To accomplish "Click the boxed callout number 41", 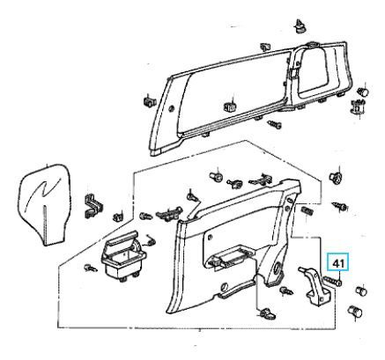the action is [x=338, y=263].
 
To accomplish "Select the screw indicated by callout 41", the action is [x=332, y=281].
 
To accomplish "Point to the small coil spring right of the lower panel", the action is [x=307, y=210].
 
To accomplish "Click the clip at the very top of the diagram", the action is [x=300, y=26].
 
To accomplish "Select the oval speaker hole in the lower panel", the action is [x=277, y=268].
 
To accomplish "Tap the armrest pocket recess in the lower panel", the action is [x=230, y=256].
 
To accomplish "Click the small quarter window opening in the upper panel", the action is [x=312, y=70].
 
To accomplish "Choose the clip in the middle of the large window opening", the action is [x=230, y=107].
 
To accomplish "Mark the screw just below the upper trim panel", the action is [x=275, y=124].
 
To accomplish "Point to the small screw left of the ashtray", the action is [x=91, y=268].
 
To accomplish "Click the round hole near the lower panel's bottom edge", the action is [x=224, y=286].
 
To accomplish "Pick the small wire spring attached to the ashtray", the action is [x=151, y=241].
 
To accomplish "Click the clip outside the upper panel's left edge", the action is [x=150, y=101].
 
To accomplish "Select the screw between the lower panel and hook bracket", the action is [x=286, y=290].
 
